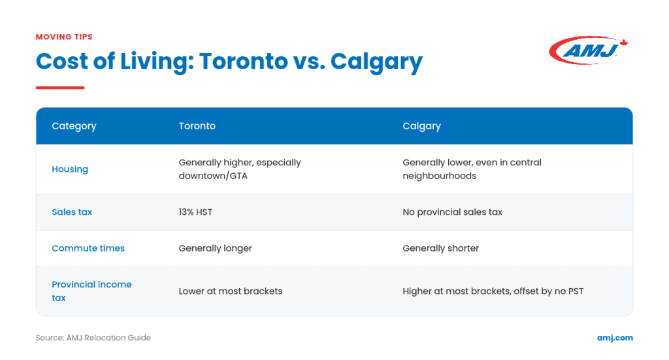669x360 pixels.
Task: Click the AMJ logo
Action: [588, 50]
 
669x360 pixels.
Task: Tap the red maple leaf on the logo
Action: [624, 42]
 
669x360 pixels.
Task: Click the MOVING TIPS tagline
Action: [64, 37]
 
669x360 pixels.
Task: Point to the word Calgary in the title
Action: [376, 62]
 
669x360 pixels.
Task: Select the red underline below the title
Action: [60, 88]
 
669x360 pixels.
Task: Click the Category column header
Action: [74, 126]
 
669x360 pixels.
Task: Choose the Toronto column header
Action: [197, 126]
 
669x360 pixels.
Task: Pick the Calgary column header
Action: [421, 126]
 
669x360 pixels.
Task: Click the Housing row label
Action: [70, 169]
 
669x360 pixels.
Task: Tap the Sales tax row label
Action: [72, 212]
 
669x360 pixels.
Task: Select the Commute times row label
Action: [88, 248]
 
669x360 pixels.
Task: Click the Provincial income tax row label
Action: [91, 291]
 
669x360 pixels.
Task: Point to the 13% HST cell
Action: [195, 212]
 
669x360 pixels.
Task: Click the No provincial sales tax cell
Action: [452, 212]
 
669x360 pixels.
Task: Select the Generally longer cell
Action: [216, 248]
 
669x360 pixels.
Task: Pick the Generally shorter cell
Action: [441, 248]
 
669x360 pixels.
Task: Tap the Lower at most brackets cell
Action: [231, 291]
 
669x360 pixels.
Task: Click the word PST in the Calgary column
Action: [576, 291]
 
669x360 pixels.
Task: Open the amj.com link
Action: [615, 338]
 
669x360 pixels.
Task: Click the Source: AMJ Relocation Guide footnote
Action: [93, 338]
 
